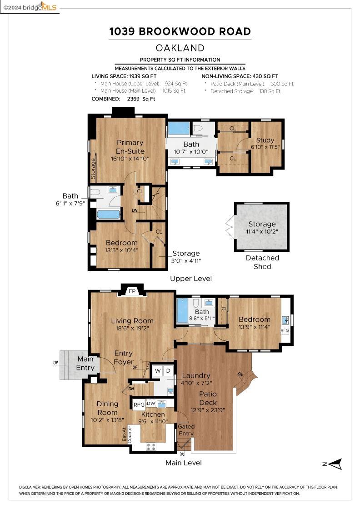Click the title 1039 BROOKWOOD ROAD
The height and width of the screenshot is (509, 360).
(180, 31)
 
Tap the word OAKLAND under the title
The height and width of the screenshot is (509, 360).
(180, 48)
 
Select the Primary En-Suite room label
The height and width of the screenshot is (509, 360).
(130, 147)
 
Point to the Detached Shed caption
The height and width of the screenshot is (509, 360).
(262, 262)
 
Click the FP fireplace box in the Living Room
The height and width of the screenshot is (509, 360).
(132, 291)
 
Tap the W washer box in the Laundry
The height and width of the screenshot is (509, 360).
(157, 370)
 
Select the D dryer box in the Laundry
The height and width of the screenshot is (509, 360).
(168, 370)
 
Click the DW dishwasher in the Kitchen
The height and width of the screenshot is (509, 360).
(151, 403)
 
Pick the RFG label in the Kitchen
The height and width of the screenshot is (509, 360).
(139, 404)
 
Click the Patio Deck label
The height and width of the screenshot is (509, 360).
(208, 398)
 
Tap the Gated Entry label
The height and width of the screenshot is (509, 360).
(186, 430)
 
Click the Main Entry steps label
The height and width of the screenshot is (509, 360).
(85, 363)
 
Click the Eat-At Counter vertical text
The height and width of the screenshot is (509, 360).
(126, 434)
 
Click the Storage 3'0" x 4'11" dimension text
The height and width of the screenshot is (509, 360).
(186, 260)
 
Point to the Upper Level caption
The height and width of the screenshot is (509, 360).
(190, 279)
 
